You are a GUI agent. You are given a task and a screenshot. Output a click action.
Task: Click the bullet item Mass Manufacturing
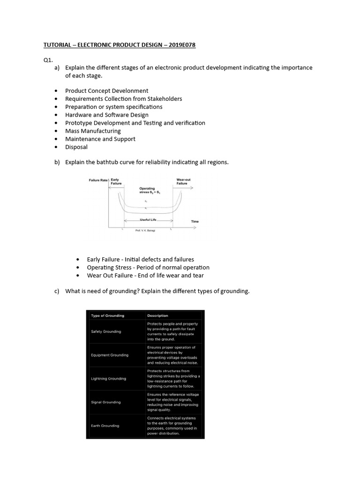pos(93,131)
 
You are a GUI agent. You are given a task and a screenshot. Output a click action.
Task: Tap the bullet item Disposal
pos(76,147)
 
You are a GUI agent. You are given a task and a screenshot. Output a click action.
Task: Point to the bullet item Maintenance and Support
pos(100,139)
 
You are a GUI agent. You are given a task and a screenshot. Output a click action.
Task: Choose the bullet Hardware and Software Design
pos(107,115)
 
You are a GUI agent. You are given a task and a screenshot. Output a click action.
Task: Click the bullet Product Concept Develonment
pos(107,90)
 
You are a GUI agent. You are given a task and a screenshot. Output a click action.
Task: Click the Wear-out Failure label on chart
pos(183,181)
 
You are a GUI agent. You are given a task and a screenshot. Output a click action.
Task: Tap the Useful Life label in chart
pos(148,219)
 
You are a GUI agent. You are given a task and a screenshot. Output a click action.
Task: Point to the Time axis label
pos(195,221)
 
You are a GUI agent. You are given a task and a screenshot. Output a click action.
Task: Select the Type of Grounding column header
pos(107,315)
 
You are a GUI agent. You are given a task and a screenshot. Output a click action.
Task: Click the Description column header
pos(157,315)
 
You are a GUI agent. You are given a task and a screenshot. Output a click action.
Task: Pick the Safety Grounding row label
pos(106,331)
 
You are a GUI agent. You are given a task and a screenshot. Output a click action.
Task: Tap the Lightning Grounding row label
pos(108,378)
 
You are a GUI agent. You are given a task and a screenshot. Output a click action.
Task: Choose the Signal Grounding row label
pos(105,402)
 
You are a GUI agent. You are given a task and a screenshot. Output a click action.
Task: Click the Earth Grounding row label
pos(105,426)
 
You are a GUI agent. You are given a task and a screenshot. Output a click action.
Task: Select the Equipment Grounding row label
pos(110,355)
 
